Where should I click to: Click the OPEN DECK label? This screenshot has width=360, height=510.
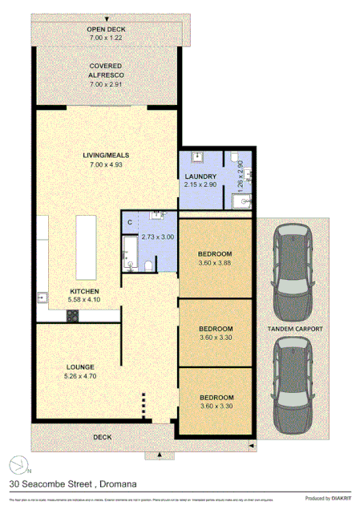pyautogui.click(x=106, y=29)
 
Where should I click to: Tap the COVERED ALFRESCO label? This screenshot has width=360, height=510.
pyautogui.click(x=106, y=70)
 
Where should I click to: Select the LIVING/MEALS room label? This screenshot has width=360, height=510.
pyautogui.click(x=106, y=156)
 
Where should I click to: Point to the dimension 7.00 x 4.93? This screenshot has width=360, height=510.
pyautogui.click(x=106, y=165)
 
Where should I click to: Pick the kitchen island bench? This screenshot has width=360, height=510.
pyautogui.click(x=84, y=241)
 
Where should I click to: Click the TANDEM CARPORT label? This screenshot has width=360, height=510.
pyautogui.click(x=295, y=329)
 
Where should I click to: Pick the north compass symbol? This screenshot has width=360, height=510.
pyautogui.click(x=18, y=463)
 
